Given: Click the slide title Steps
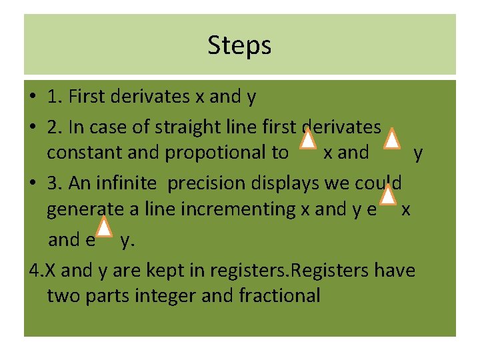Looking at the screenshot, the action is (x=239, y=45).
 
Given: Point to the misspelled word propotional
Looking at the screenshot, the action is (x=227, y=153).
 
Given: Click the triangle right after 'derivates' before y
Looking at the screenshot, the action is (x=393, y=139).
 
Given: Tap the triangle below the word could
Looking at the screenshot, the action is (x=387, y=196).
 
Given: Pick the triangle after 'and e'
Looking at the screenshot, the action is (x=104, y=226).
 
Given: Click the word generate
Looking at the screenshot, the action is (x=85, y=209).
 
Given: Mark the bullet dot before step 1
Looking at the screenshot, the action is (x=32, y=97).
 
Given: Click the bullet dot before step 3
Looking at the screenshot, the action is (x=32, y=183).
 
